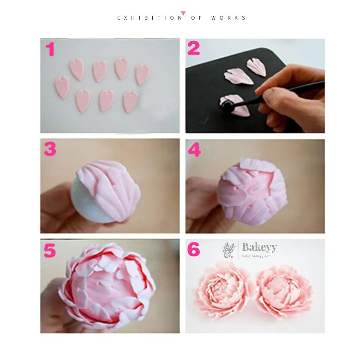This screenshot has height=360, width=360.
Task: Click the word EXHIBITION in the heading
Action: point(150,18)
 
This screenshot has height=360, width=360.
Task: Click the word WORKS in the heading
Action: point(228,18)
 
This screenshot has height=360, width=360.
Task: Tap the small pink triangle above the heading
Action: point(183,13)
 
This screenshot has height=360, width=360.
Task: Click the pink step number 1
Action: point(50,50)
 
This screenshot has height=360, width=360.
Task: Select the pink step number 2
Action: point(194,49)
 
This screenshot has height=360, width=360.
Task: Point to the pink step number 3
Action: point(50,150)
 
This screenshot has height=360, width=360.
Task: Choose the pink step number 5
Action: point(50,251)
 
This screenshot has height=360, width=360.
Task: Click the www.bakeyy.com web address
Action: point(257,256)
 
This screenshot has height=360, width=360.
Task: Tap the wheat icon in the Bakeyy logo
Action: point(229,250)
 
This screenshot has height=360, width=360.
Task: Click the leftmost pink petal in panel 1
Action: point(62,87)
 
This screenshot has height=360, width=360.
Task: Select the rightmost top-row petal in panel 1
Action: point(142,74)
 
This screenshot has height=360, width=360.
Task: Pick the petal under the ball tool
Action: point(237,108)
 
